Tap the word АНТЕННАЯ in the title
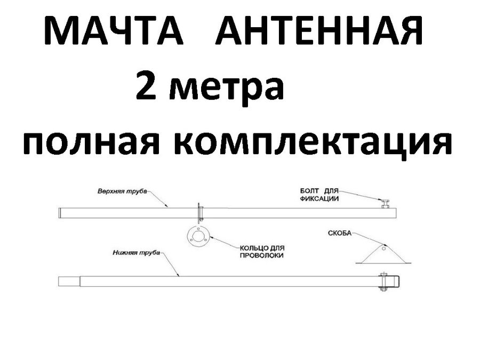tap(319, 31)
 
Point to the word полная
tap(91, 142)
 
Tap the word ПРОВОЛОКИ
tap(261, 256)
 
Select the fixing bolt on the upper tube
tap(384, 203)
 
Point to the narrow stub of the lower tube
tap(68, 281)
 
